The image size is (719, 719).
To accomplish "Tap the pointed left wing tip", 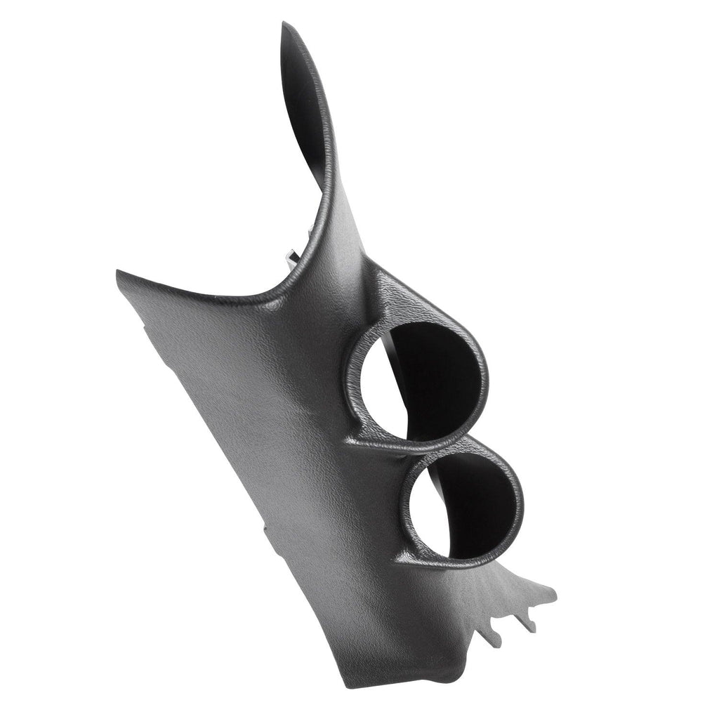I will point(118,272).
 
